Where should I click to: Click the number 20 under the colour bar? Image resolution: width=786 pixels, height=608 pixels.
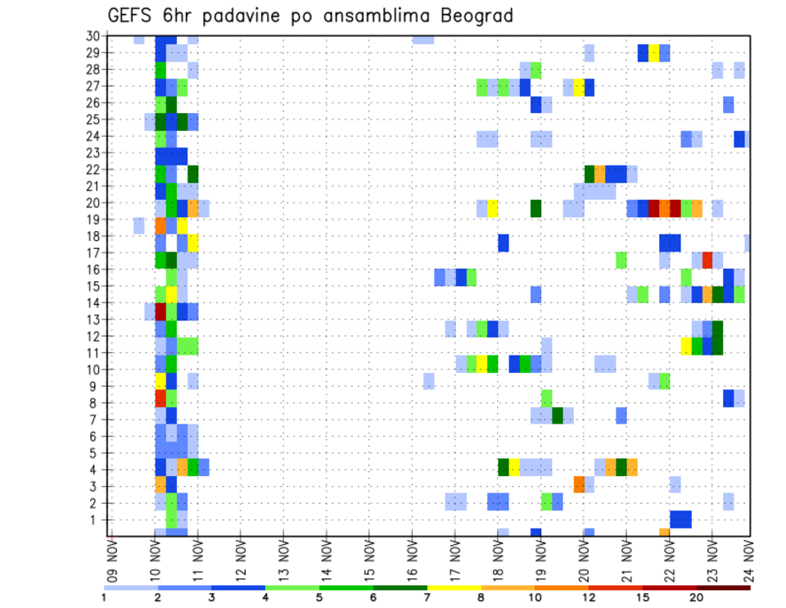pyautogui.click(x=697, y=598)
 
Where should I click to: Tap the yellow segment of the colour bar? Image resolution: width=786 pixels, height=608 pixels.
pyautogui.click(x=454, y=588)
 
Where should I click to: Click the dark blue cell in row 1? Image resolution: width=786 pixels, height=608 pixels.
pyautogui.click(x=680, y=520)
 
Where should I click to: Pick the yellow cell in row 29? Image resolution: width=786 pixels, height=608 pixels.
pyautogui.click(x=654, y=53)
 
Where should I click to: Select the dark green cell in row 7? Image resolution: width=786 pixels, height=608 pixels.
pyautogui.click(x=558, y=415)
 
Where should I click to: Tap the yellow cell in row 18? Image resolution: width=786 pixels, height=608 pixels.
pyautogui.click(x=193, y=242)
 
